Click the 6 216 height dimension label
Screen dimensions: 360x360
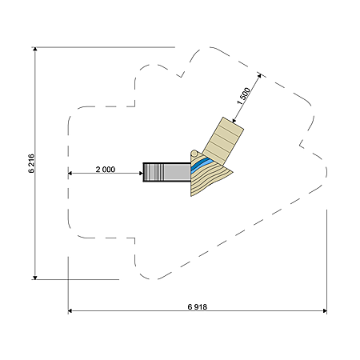(31, 163)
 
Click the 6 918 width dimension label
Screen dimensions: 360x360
(198, 307)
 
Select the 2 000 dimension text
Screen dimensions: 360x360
(106, 170)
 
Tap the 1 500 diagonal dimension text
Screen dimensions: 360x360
(243, 96)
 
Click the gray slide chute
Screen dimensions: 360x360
(167, 172)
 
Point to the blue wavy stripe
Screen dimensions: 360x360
(201, 164)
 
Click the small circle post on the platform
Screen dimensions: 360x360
(194, 154)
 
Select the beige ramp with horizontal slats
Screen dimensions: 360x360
(223, 142)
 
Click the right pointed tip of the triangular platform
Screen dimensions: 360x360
(233, 172)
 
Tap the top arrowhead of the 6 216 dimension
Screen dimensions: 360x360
(35, 49)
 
